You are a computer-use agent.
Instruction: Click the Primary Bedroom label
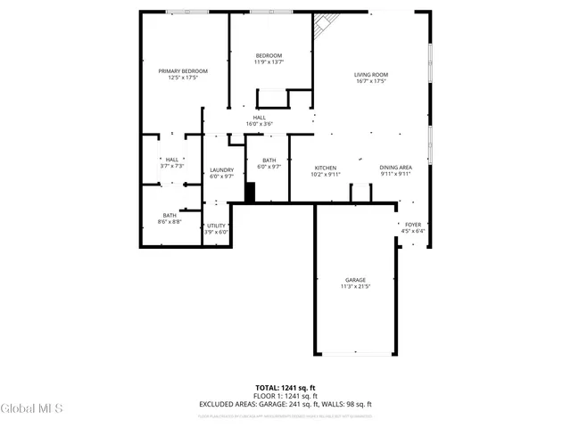point(183,74)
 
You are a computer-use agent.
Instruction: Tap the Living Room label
point(371,78)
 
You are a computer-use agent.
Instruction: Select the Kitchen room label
point(325,170)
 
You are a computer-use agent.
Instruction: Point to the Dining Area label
point(395,170)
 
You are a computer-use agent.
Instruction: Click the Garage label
point(355,283)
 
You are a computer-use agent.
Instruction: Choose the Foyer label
point(412,227)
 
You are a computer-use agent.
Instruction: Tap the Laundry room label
point(221,173)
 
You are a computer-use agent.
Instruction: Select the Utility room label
point(217,228)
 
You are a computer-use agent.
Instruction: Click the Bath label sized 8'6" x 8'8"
point(170,218)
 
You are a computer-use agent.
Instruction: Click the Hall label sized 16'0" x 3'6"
point(259,120)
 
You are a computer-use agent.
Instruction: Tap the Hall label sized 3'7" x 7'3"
point(171,162)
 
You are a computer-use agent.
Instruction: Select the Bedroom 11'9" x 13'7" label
point(269,59)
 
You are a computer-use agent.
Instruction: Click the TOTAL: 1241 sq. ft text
point(285,388)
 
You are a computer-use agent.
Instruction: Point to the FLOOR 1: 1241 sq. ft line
point(285,396)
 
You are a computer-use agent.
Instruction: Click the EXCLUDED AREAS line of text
point(285,404)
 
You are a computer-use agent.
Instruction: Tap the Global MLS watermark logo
point(32,408)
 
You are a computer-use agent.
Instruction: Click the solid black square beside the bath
point(251,192)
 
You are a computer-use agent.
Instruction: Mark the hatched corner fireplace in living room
point(320,31)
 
